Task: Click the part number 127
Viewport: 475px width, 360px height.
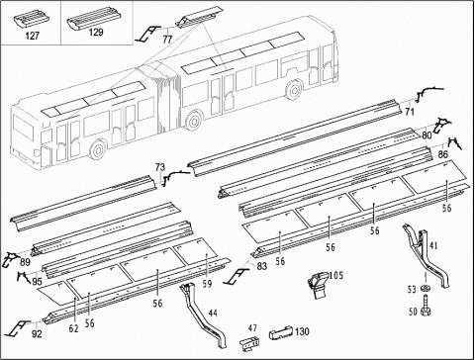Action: tap(33, 36)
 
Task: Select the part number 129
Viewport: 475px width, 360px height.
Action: tap(96, 33)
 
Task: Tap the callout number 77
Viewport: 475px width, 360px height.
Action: tap(167, 40)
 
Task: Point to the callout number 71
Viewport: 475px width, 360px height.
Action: tap(410, 112)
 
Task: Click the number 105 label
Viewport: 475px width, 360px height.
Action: tap(336, 275)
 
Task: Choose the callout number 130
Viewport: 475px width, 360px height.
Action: tap(302, 331)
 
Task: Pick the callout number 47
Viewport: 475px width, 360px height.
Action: tap(252, 328)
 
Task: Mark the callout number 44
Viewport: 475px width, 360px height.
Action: tap(213, 314)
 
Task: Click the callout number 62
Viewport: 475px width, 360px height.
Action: tap(73, 328)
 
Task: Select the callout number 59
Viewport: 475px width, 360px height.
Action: tap(207, 284)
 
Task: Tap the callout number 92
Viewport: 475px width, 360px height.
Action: tap(37, 334)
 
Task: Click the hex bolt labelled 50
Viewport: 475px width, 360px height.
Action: tap(426, 307)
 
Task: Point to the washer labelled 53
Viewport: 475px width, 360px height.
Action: tap(426, 289)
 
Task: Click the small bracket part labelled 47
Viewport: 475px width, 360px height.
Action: tap(249, 342)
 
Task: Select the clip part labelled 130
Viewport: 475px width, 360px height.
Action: tap(281, 333)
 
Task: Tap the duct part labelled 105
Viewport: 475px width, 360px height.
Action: tap(318, 285)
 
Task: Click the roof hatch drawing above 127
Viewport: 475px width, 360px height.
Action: tap(33, 19)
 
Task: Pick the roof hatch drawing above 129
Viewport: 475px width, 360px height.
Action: tap(94, 19)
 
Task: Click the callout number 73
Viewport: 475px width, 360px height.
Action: tap(160, 167)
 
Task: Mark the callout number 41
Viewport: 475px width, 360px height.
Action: tap(433, 245)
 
